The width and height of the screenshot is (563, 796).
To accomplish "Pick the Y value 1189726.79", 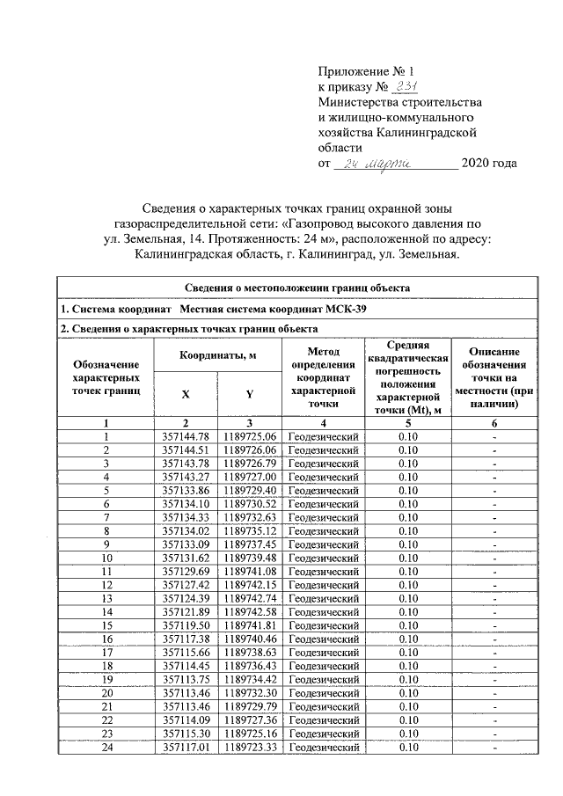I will (250, 462).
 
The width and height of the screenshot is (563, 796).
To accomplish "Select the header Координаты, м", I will (217, 355).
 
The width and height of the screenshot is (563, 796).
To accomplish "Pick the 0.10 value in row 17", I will (408, 654).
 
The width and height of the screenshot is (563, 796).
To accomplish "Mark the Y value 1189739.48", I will (250, 558).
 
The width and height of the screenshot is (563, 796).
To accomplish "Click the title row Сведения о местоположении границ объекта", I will (296, 287).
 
